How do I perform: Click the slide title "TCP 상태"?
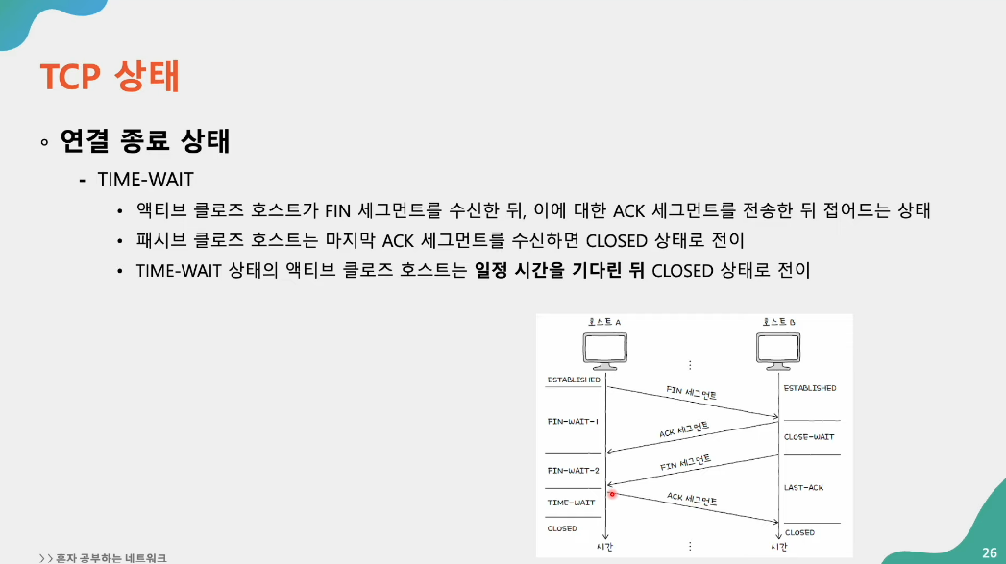(x=110, y=76)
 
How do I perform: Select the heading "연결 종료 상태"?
(x=144, y=142)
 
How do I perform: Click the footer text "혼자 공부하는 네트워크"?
(x=110, y=556)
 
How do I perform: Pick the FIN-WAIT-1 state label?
(x=573, y=422)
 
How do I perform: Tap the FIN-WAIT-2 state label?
(x=573, y=471)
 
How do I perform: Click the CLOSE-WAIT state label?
(x=809, y=437)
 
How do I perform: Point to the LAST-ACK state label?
(x=803, y=488)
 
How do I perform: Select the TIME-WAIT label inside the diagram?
(x=571, y=503)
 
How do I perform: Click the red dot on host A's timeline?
(x=612, y=494)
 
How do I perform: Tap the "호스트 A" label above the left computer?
(x=605, y=322)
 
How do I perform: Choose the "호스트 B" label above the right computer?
(x=779, y=322)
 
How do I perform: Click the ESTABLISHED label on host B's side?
(x=810, y=388)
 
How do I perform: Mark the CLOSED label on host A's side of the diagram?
(x=562, y=528)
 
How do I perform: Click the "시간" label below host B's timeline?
(x=779, y=547)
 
